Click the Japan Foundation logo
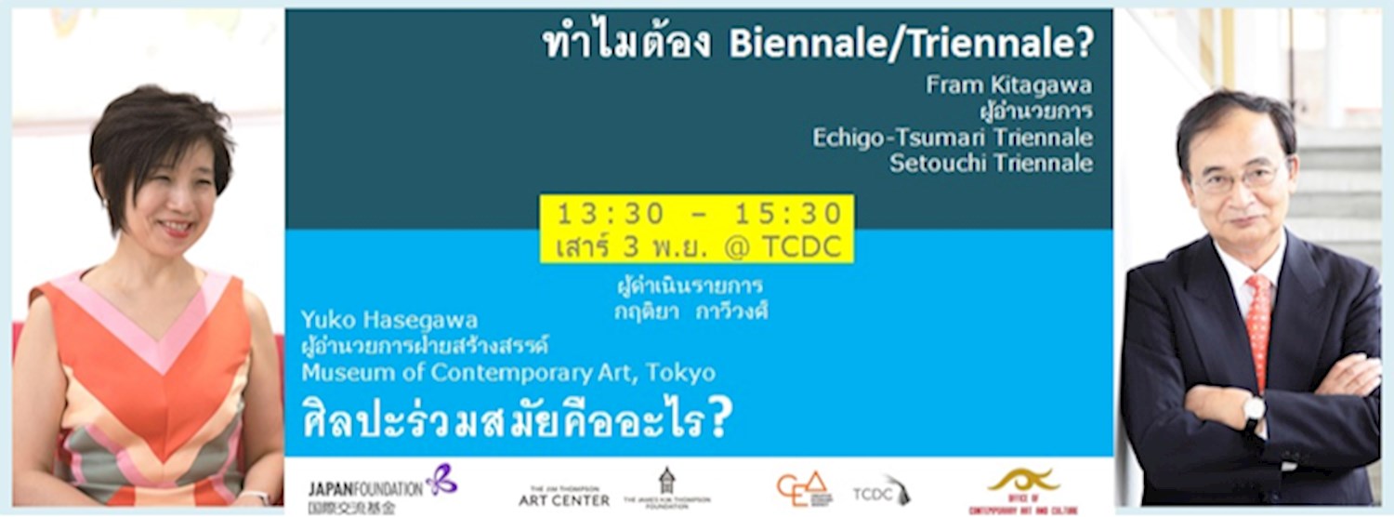[x=382, y=489]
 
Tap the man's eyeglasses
[x=1240, y=176]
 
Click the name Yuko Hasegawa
[x=388, y=322]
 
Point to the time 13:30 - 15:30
[x=699, y=214]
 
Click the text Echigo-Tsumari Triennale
[x=953, y=138]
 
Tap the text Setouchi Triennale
[x=991, y=164]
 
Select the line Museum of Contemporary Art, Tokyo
[x=508, y=374]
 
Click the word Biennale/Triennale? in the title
[x=912, y=44]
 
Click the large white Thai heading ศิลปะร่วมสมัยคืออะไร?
[x=517, y=420]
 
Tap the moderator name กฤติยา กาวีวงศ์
[x=690, y=312]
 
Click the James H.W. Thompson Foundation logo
[x=666, y=489]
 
